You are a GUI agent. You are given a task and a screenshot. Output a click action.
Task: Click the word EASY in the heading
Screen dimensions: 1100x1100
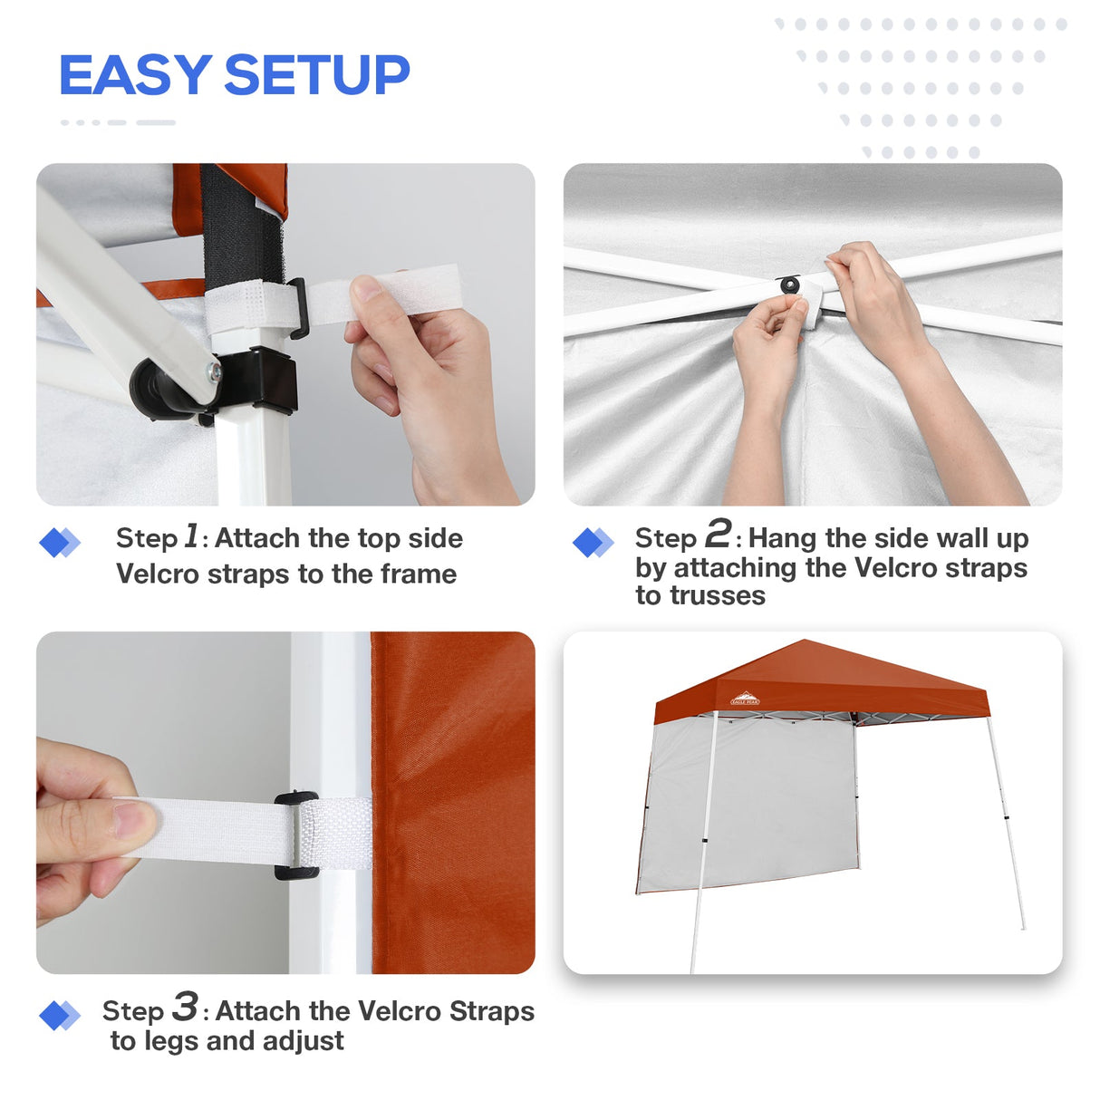(135, 75)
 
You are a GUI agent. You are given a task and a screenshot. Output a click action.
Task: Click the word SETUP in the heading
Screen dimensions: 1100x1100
(316, 75)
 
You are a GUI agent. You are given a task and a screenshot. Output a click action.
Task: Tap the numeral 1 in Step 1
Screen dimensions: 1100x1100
(191, 536)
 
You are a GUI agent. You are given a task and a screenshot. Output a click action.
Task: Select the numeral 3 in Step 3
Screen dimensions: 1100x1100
(185, 1006)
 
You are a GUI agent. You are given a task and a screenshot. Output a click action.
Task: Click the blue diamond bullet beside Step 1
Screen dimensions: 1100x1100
(59, 543)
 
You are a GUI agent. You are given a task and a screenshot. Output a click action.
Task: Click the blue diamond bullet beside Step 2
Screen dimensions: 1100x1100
(593, 543)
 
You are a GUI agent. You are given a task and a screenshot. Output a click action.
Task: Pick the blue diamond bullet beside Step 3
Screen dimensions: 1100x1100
(59, 1016)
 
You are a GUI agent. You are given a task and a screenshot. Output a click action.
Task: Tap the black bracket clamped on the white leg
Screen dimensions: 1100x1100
(263, 381)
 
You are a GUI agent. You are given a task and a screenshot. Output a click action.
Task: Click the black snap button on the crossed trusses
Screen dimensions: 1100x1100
(790, 285)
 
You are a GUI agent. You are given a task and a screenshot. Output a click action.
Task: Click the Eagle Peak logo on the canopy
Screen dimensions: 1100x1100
(745, 699)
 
